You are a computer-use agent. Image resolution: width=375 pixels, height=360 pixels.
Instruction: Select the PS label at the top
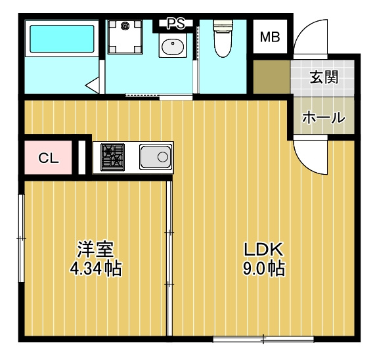[175, 24]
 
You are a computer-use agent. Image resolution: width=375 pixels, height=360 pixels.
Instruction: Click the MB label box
[270, 37]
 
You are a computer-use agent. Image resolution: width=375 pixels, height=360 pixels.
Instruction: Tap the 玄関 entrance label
[324, 77]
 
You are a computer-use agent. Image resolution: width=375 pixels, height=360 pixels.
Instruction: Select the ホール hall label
[323, 118]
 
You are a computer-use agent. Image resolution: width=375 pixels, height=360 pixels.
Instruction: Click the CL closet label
[48, 158]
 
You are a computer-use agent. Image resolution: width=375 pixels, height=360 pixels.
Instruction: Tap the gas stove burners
[112, 157]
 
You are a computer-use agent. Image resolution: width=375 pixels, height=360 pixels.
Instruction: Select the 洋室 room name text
[96, 249]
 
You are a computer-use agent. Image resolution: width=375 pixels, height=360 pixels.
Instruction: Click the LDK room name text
[263, 250]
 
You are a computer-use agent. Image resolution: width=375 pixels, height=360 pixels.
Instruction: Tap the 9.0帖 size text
[263, 268]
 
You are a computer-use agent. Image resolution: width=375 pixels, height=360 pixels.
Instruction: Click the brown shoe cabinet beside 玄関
[271, 77]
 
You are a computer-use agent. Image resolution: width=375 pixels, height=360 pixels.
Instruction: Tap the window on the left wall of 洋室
[21, 233]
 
